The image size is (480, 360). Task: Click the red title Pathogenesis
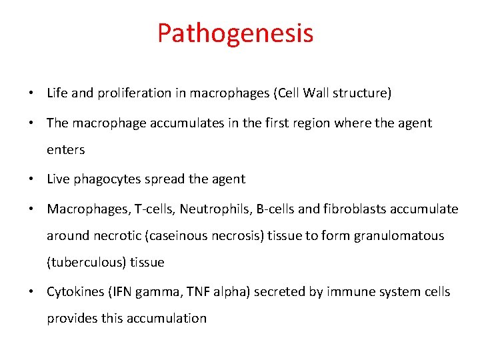(x=235, y=33)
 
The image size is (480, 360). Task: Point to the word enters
(x=65, y=150)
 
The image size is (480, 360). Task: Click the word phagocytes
(x=99, y=179)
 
